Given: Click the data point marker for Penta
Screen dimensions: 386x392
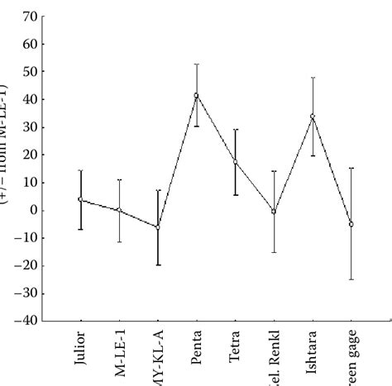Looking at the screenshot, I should tap(197, 95).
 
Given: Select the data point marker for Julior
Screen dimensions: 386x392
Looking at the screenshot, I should tap(80, 199).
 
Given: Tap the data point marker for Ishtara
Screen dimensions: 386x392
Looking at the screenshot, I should tap(313, 117).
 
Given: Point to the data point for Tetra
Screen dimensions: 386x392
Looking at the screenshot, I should tap(235, 162).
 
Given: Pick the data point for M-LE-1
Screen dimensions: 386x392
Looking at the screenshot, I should tap(119, 210).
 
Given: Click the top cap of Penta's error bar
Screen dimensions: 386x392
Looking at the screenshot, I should tap(197, 64).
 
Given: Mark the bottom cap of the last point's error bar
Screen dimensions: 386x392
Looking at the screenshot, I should tap(351, 279).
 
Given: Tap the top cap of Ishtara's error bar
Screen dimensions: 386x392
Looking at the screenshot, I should tap(313, 78).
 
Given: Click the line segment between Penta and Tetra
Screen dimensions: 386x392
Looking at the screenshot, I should tap(216, 129).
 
